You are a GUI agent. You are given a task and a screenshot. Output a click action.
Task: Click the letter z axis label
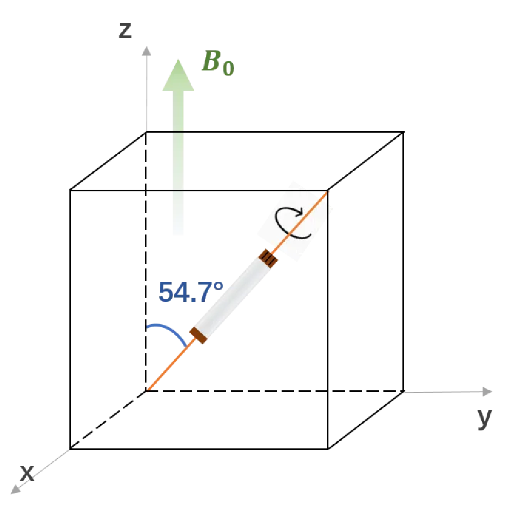click(125, 31)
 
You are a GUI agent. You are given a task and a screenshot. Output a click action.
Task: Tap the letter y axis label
click(484, 418)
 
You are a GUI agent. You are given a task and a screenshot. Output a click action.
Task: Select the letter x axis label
click(27, 472)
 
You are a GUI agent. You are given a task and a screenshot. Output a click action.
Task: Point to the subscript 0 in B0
click(228, 68)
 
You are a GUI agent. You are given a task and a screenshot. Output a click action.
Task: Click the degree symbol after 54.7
click(218, 286)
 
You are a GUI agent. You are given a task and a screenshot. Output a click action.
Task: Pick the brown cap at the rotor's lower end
click(199, 335)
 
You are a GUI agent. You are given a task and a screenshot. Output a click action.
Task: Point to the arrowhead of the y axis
click(487, 392)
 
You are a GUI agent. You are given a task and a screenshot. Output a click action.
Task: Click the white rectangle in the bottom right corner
click(447, 468)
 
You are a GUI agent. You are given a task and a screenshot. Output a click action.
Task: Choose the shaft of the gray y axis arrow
click(442, 392)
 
